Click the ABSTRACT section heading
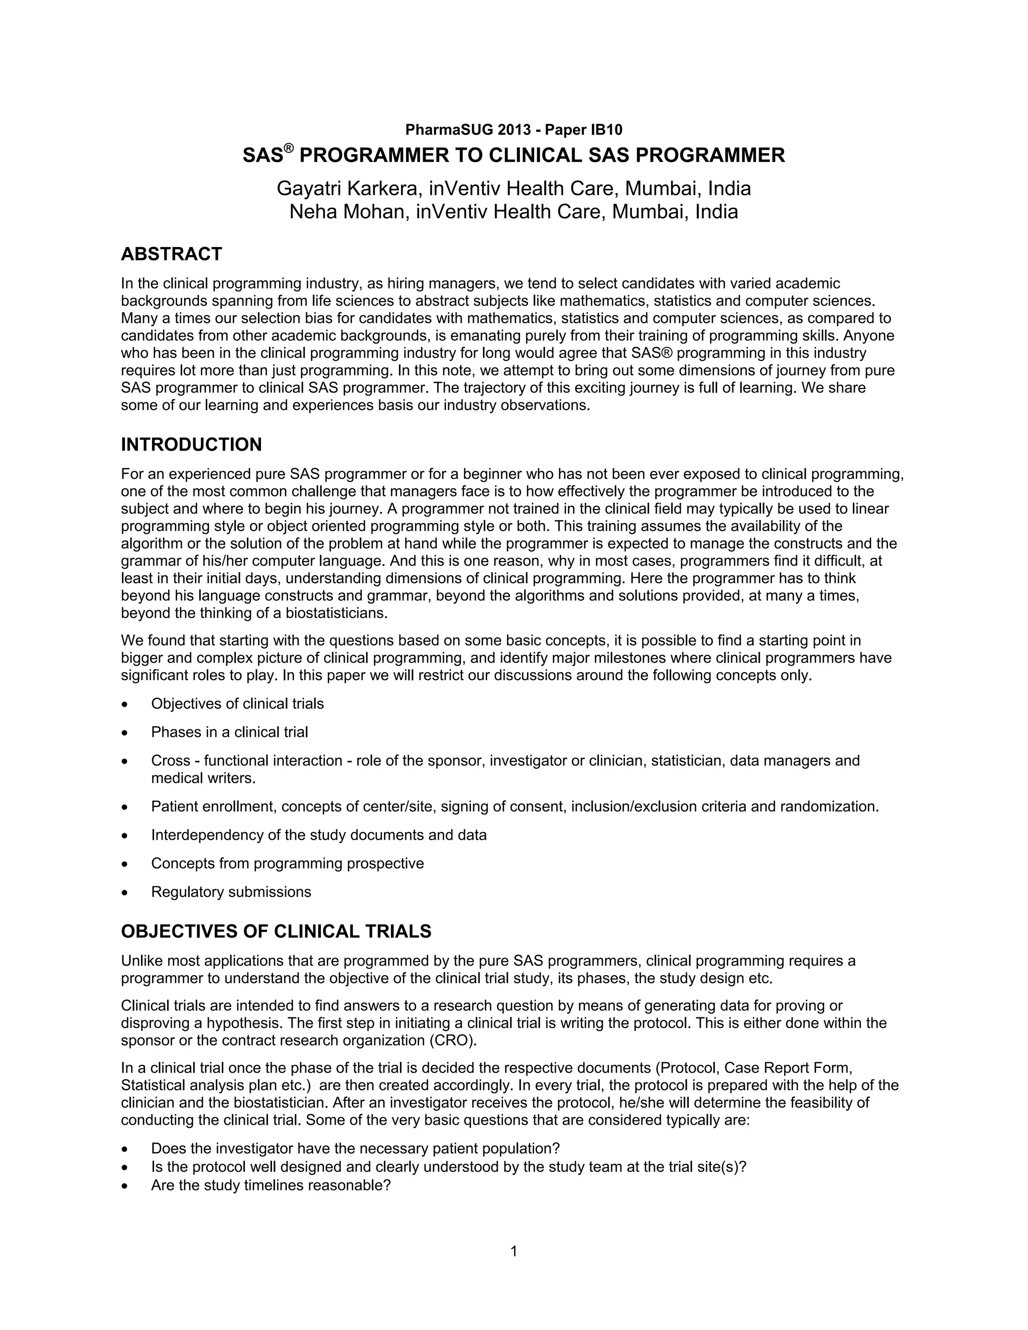coord(171,254)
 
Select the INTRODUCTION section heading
coord(191,445)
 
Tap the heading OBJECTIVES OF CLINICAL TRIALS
coord(276,931)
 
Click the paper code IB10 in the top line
coord(606,129)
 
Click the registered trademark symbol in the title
coord(289,148)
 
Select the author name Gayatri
coord(309,189)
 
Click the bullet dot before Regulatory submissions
coord(125,893)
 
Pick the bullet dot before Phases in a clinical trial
coord(125,733)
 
